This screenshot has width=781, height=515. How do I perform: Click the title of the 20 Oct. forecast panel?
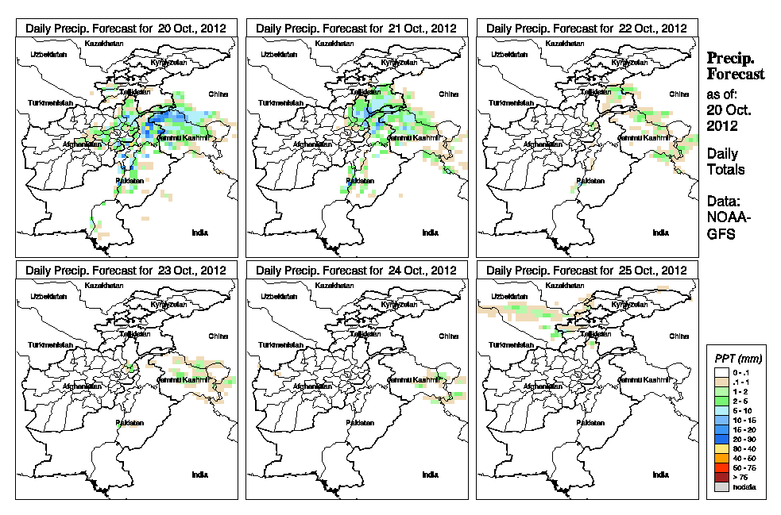click(126, 28)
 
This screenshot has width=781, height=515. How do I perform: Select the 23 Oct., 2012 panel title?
click(126, 271)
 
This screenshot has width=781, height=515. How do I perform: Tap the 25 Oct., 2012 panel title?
click(586, 271)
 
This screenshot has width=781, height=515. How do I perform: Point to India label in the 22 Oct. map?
click(660, 233)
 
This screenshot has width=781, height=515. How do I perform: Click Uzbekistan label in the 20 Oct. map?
click(47, 54)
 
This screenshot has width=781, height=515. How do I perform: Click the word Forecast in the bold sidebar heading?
click(735, 75)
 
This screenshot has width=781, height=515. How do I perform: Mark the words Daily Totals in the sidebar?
click(725, 161)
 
